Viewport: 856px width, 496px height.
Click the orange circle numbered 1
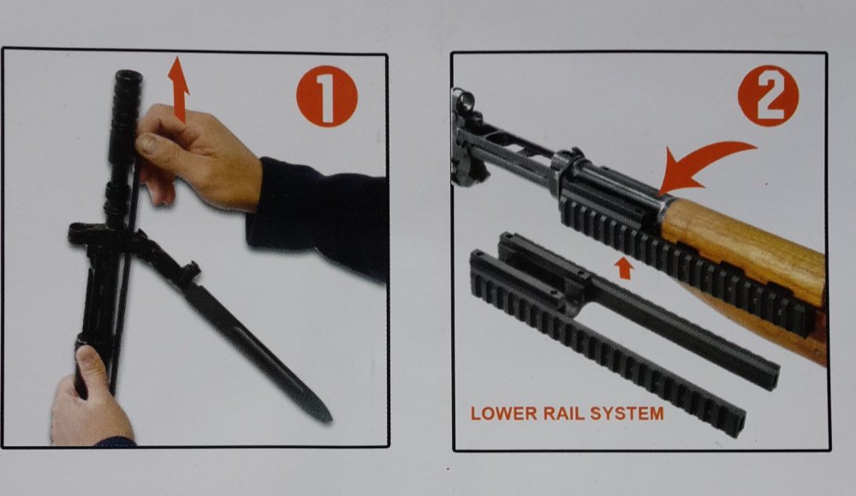click(x=326, y=97)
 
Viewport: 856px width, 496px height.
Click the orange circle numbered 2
click(x=768, y=96)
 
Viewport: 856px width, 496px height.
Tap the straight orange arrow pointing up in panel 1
click(x=178, y=88)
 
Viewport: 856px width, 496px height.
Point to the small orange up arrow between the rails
click(x=623, y=268)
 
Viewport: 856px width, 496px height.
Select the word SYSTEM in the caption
click(x=627, y=414)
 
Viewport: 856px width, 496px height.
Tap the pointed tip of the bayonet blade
click(x=330, y=420)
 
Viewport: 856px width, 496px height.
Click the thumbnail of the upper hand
click(x=146, y=143)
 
